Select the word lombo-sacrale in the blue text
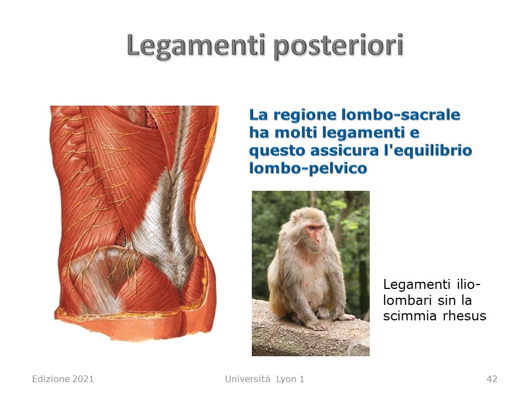[x=401, y=115]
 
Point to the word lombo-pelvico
[x=308, y=168]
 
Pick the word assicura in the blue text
[x=345, y=150]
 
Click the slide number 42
[x=492, y=379]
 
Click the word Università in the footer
[x=247, y=379]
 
